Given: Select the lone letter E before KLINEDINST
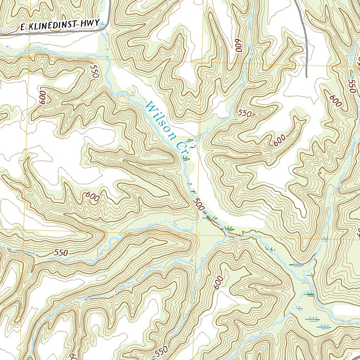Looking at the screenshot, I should click(x=22, y=28).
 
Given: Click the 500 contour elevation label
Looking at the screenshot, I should click(x=199, y=204).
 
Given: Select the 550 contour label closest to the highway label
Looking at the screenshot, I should click(x=95, y=71).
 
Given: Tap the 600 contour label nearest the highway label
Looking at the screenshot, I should click(x=43, y=97).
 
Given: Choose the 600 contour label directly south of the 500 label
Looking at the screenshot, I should click(x=218, y=282).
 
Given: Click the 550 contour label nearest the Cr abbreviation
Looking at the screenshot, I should click(x=245, y=113).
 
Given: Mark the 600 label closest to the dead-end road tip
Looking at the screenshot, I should click(x=336, y=101).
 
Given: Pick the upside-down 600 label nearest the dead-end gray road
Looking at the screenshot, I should click(x=239, y=45).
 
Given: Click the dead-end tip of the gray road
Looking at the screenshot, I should click(x=307, y=77).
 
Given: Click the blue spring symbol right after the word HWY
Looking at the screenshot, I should click(x=102, y=25).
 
